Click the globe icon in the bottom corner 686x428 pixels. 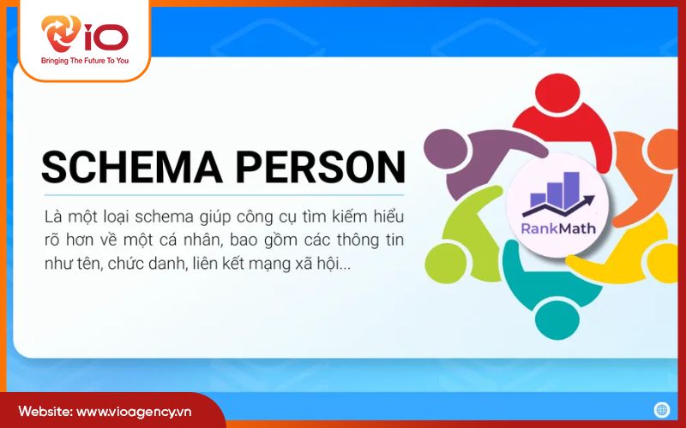(660, 410)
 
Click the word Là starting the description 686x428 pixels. (52, 214)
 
